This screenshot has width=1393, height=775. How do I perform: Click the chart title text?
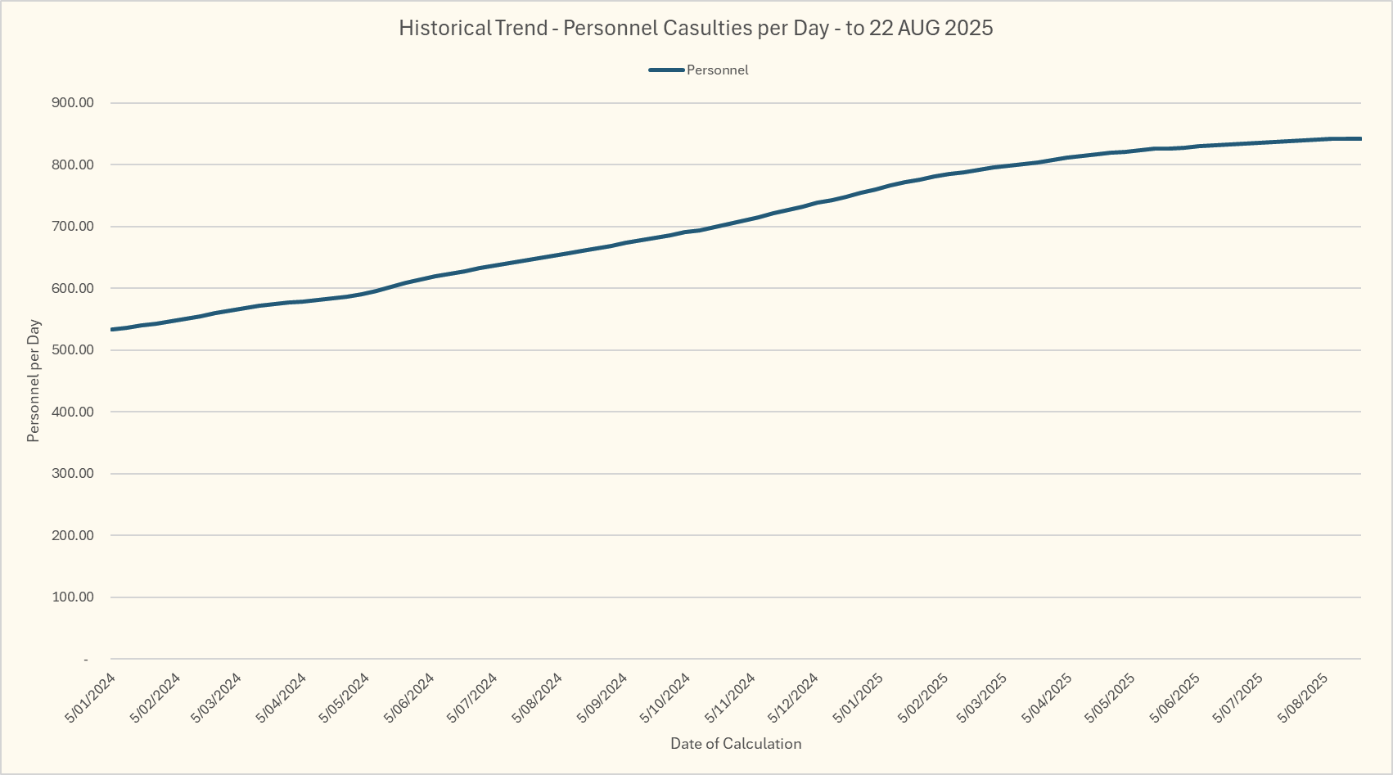(696, 28)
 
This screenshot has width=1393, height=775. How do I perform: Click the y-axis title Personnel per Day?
(34, 381)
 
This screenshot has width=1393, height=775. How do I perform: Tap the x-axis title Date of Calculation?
(736, 744)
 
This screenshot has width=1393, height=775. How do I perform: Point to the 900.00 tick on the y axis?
(73, 103)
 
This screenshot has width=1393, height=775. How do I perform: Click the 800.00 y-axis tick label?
(73, 164)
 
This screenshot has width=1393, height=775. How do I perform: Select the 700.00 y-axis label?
(73, 227)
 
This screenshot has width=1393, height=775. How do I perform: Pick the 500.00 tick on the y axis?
(73, 350)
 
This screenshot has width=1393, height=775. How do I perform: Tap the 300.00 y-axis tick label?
(73, 474)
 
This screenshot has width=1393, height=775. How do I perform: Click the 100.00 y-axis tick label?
(73, 597)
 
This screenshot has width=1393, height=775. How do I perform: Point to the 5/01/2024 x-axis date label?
(91, 698)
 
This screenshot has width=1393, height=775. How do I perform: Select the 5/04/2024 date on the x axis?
(282, 698)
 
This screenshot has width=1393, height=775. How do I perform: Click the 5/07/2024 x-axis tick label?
(472, 698)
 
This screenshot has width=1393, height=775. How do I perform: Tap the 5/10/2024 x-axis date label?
(665, 698)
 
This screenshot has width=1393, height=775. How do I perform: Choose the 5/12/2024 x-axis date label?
(793, 698)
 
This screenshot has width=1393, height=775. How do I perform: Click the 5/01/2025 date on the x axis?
(859, 698)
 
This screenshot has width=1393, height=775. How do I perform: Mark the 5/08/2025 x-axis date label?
(1304, 698)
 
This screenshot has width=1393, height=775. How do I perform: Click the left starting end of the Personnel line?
(111, 330)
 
